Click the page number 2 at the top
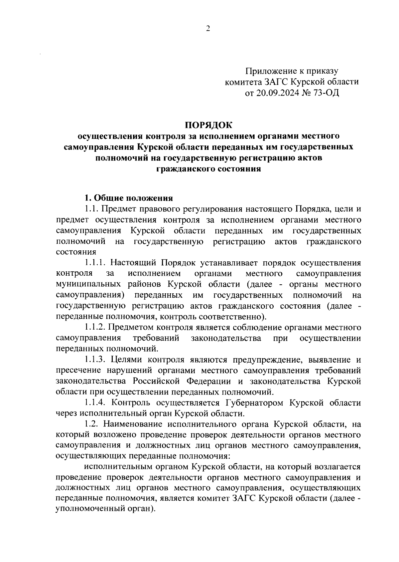[x=208, y=29]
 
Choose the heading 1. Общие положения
[x=128, y=198]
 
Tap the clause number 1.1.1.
[x=95, y=263]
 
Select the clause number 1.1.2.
[x=95, y=328]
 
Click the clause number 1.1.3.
[x=95, y=360]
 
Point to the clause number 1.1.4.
[x=95, y=403]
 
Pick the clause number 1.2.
[x=92, y=424]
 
